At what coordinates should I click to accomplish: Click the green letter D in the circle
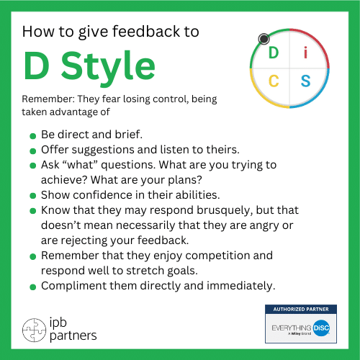(x=273, y=53)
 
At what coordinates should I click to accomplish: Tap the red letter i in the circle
(x=305, y=53)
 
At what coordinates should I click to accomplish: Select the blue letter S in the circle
(x=306, y=81)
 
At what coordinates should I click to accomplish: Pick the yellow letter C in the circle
(x=274, y=81)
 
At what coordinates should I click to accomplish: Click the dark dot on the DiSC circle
(x=264, y=38)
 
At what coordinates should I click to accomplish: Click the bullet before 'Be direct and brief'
(x=33, y=136)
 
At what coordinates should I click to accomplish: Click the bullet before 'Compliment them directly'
(x=33, y=287)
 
